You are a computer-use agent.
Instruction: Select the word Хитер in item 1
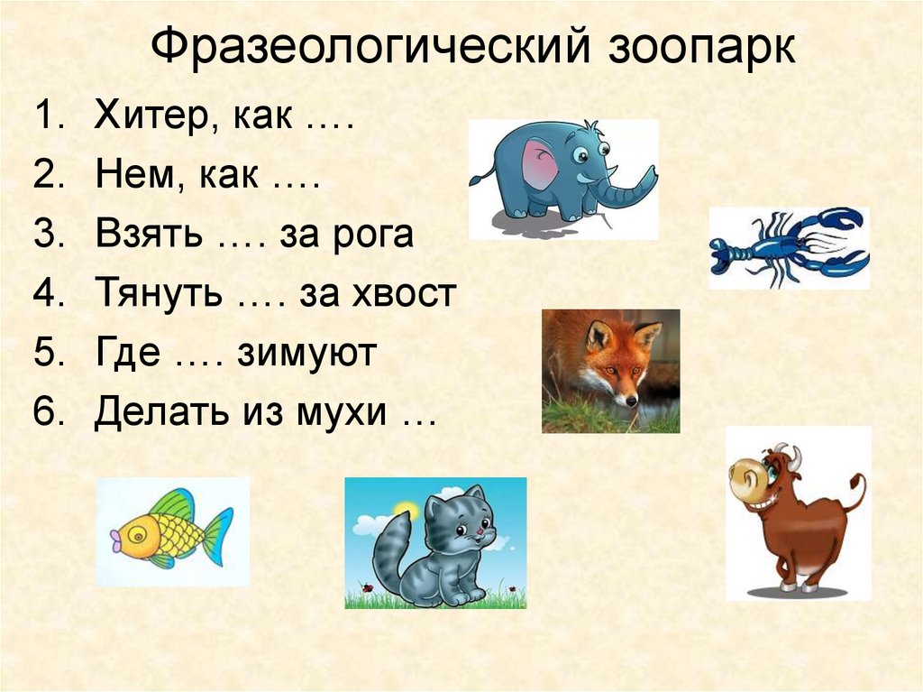pos(150,116)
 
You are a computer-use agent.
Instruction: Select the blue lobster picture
pos(789,247)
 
